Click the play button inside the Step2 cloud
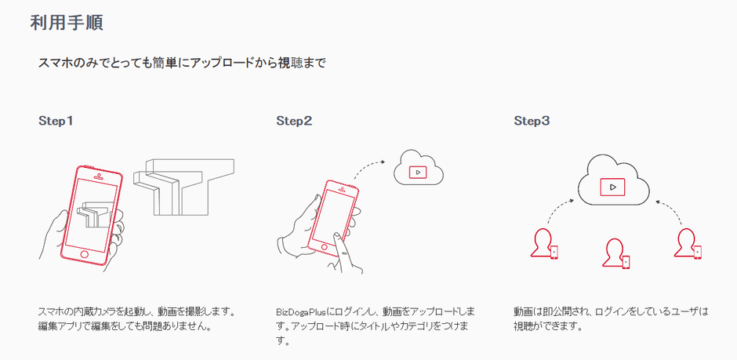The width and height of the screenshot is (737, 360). coord(418,172)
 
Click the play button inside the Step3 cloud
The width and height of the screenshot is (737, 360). coord(612,187)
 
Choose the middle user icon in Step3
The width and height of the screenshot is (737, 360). coord(614,253)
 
